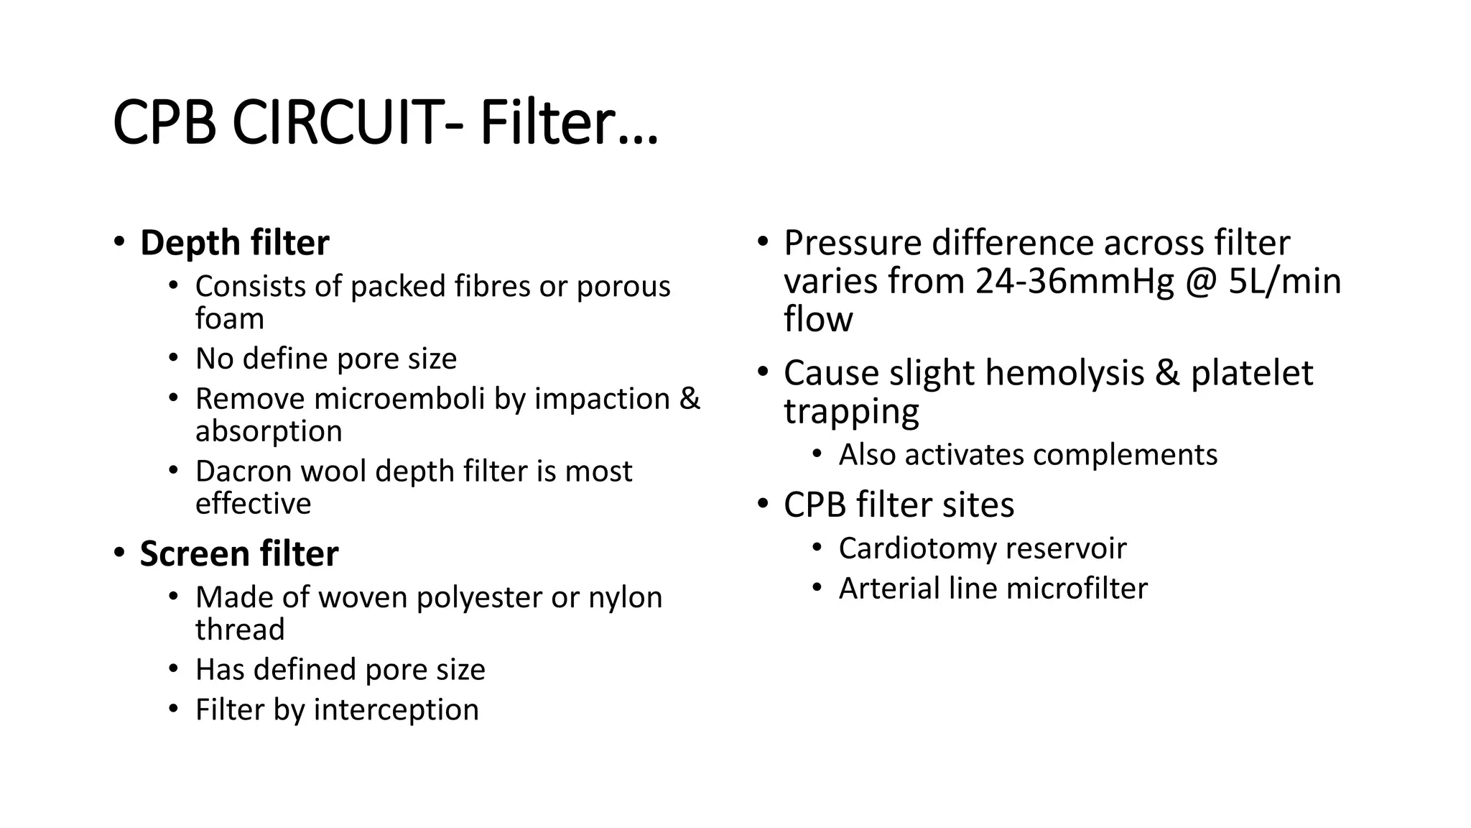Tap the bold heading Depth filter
(234, 243)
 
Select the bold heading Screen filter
(238, 554)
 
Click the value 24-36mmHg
(1075, 281)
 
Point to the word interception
(396, 710)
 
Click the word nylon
(625, 597)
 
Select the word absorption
(269, 431)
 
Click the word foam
(230, 318)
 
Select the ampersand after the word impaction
(689, 399)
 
